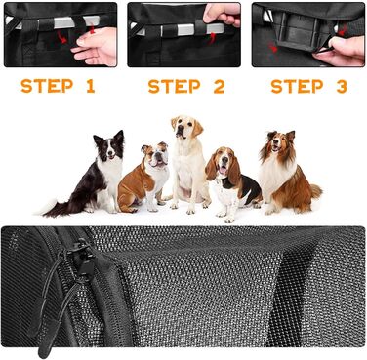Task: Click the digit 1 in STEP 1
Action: point(91,86)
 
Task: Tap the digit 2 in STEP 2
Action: point(220,86)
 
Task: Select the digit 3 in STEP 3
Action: point(342,86)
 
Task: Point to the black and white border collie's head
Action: point(109,145)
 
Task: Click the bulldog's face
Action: point(156,155)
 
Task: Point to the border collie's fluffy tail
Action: point(54,209)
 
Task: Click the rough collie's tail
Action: point(315,191)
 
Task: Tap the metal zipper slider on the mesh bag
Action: point(81,257)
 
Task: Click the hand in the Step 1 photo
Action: point(96,47)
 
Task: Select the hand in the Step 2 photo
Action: point(222,14)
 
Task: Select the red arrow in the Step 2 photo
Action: point(211,39)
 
